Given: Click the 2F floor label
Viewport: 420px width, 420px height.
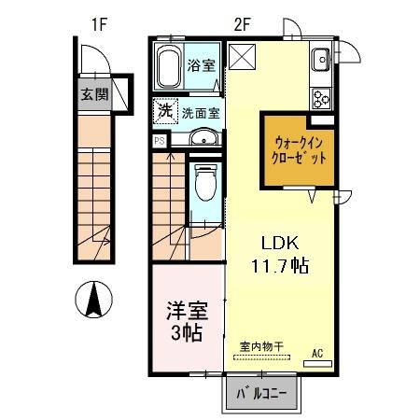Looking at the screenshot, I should click(242, 24).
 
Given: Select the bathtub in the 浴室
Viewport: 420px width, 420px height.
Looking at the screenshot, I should click(169, 66).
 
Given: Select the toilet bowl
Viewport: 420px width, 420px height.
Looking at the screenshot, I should click(205, 187).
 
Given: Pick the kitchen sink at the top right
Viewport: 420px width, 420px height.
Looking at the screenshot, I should click(321, 59).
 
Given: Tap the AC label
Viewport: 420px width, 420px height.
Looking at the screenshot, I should click(316, 353).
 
